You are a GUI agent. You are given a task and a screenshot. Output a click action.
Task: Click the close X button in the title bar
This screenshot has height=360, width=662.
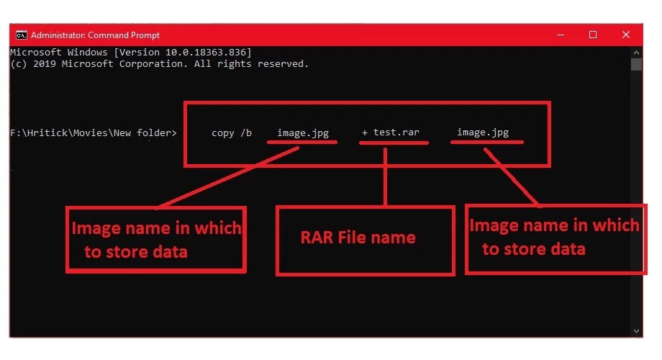(x=626, y=35)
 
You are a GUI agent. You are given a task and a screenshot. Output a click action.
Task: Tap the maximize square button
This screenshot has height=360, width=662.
(x=593, y=35)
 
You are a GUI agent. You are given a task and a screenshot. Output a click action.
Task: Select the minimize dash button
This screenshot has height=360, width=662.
(x=561, y=35)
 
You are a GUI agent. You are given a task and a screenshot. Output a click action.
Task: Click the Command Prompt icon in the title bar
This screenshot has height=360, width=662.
(x=21, y=35)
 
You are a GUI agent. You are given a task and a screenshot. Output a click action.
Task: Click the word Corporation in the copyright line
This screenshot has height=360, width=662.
(x=153, y=64)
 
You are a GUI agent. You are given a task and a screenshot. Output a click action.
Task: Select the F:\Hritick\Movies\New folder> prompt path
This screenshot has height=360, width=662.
(x=94, y=132)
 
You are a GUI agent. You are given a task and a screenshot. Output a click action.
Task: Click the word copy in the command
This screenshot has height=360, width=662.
(x=222, y=133)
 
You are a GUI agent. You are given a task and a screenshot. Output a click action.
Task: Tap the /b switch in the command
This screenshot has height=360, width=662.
(x=246, y=132)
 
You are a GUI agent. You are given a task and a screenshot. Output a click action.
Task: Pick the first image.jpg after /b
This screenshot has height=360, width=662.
(x=303, y=133)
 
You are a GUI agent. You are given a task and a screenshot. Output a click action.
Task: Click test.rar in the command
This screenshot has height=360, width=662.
(x=396, y=132)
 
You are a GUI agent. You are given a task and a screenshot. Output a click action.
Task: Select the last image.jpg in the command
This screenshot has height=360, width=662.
(x=483, y=132)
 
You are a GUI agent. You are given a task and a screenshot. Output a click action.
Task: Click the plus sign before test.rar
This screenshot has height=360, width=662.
(x=364, y=132)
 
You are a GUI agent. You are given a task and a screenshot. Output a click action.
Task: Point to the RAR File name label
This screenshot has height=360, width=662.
(x=358, y=238)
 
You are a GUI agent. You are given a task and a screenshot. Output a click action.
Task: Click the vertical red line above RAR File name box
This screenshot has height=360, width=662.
(x=385, y=176)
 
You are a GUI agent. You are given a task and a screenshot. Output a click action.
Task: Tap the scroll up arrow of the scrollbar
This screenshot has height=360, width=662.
(x=636, y=53)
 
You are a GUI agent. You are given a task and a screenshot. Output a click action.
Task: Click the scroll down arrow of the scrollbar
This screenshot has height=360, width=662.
(x=636, y=331)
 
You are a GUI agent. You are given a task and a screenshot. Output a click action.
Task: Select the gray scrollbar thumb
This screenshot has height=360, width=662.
(x=636, y=64)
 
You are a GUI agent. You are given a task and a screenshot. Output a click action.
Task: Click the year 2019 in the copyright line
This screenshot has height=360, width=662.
(x=45, y=64)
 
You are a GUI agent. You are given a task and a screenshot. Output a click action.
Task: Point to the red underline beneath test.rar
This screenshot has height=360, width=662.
(x=394, y=143)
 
